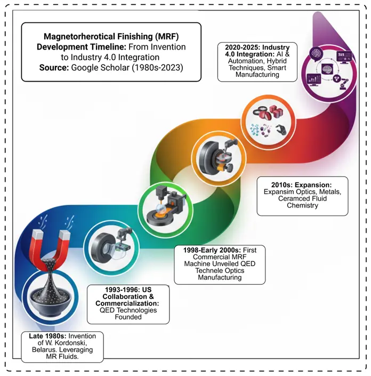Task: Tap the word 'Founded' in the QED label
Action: pos(127,317)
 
